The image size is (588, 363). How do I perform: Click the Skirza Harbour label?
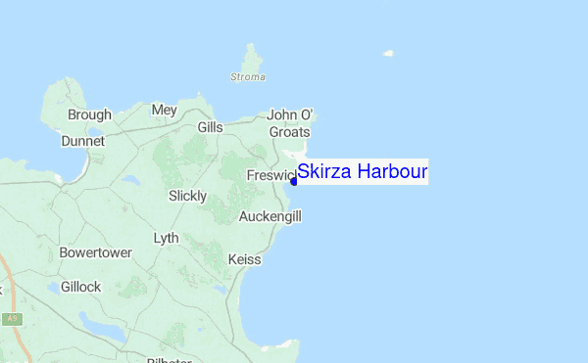pyautogui.click(x=363, y=171)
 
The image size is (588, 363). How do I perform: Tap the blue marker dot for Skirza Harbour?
pyautogui.click(x=294, y=180)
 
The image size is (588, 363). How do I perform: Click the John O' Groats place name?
pyautogui.click(x=288, y=123)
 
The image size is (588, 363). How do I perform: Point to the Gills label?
pyautogui.click(x=210, y=127)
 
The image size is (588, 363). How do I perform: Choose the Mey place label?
pyautogui.click(x=164, y=110)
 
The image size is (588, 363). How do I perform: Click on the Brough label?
pyautogui.click(x=89, y=114)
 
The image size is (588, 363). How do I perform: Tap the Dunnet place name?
pyautogui.click(x=82, y=140)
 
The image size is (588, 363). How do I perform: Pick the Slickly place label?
pyautogui.click(x=187, y=196)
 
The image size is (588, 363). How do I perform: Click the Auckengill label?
pyautogui.click(x=269, y=215)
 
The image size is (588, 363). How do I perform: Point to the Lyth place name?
pyautogui.click(x=167, y=238)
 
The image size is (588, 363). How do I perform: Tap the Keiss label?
pyautogui.click(x=244, y=259)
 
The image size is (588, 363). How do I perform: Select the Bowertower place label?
pyautogui.click(x=95, y=251)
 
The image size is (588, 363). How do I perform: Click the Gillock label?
pyautogui.click(x=80, y=287)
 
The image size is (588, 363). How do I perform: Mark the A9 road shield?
pyautogui.click(x=12, y=318)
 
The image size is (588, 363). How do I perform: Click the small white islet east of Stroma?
pyautogui.click(x=388, y=53)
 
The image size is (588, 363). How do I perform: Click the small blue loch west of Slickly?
pyautogui.click(x=130, y=180)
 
